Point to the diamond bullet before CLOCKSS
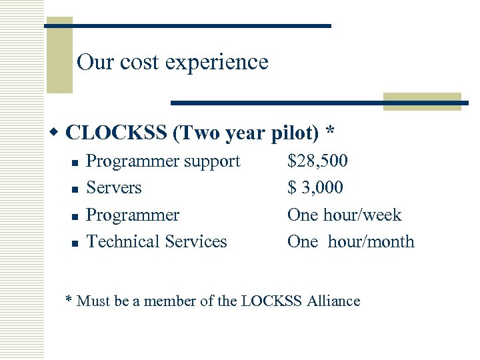pos(57,132)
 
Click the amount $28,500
pos(317,161)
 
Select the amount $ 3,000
pos(315,187)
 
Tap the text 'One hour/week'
pos(344,215)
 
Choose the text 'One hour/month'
pos(351,241)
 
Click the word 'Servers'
pos(114,187)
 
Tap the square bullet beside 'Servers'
pos(75,189)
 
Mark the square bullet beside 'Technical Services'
pos(75,243)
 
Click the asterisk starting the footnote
pos(69,299)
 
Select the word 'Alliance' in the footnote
pos(333,301)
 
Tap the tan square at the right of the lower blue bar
pos(423,101)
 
